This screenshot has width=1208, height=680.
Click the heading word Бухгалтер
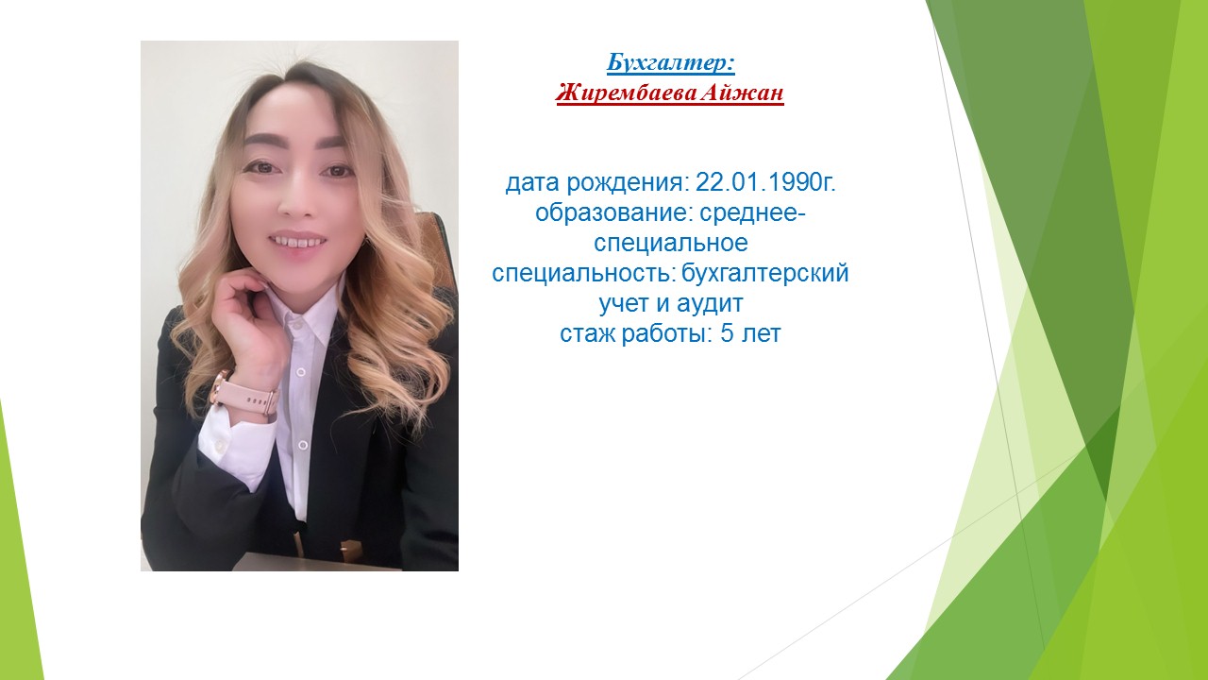pos(667,62)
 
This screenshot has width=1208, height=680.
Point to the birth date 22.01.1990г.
pos(765,182)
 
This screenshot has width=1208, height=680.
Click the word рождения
pos(628,183)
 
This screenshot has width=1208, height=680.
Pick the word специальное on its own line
pos(671,244)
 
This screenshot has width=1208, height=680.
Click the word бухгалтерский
pos(765,274)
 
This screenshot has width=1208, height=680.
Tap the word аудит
pos(710,304)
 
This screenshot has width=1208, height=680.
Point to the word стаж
pos(588,334)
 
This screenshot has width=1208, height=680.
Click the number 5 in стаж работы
pos(727,334)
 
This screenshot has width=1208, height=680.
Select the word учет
pos(624,304)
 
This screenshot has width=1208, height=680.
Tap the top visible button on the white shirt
pos(295,325)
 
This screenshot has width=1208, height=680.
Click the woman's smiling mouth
pos(296,241)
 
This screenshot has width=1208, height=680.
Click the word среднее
pos(753,214)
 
